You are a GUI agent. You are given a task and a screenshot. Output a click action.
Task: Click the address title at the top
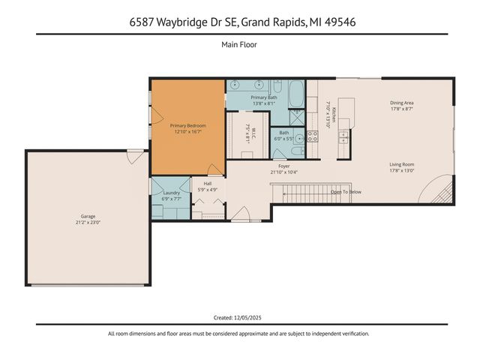(x=239, y=22)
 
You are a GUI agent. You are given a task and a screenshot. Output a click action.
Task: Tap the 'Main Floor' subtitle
(x=239, y=45)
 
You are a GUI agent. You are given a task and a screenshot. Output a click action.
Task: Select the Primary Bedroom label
(x=187, y=128)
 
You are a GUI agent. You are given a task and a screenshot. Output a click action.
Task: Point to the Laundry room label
(x=171, y=196)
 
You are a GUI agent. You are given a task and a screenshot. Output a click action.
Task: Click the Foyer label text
(x=283, y=169)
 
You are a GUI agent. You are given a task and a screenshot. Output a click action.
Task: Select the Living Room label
(x=402, y=166)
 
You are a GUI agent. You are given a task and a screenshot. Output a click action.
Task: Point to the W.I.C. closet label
(x=251, y=136)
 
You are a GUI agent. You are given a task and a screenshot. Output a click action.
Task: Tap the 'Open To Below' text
(x=346, y=192)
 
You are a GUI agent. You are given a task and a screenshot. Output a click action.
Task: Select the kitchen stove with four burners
(x=313, y=136)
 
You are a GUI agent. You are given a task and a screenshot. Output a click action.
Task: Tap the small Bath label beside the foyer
(x=284, y=136)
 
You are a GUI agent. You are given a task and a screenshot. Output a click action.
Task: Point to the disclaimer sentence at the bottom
(x=239, y=334)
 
